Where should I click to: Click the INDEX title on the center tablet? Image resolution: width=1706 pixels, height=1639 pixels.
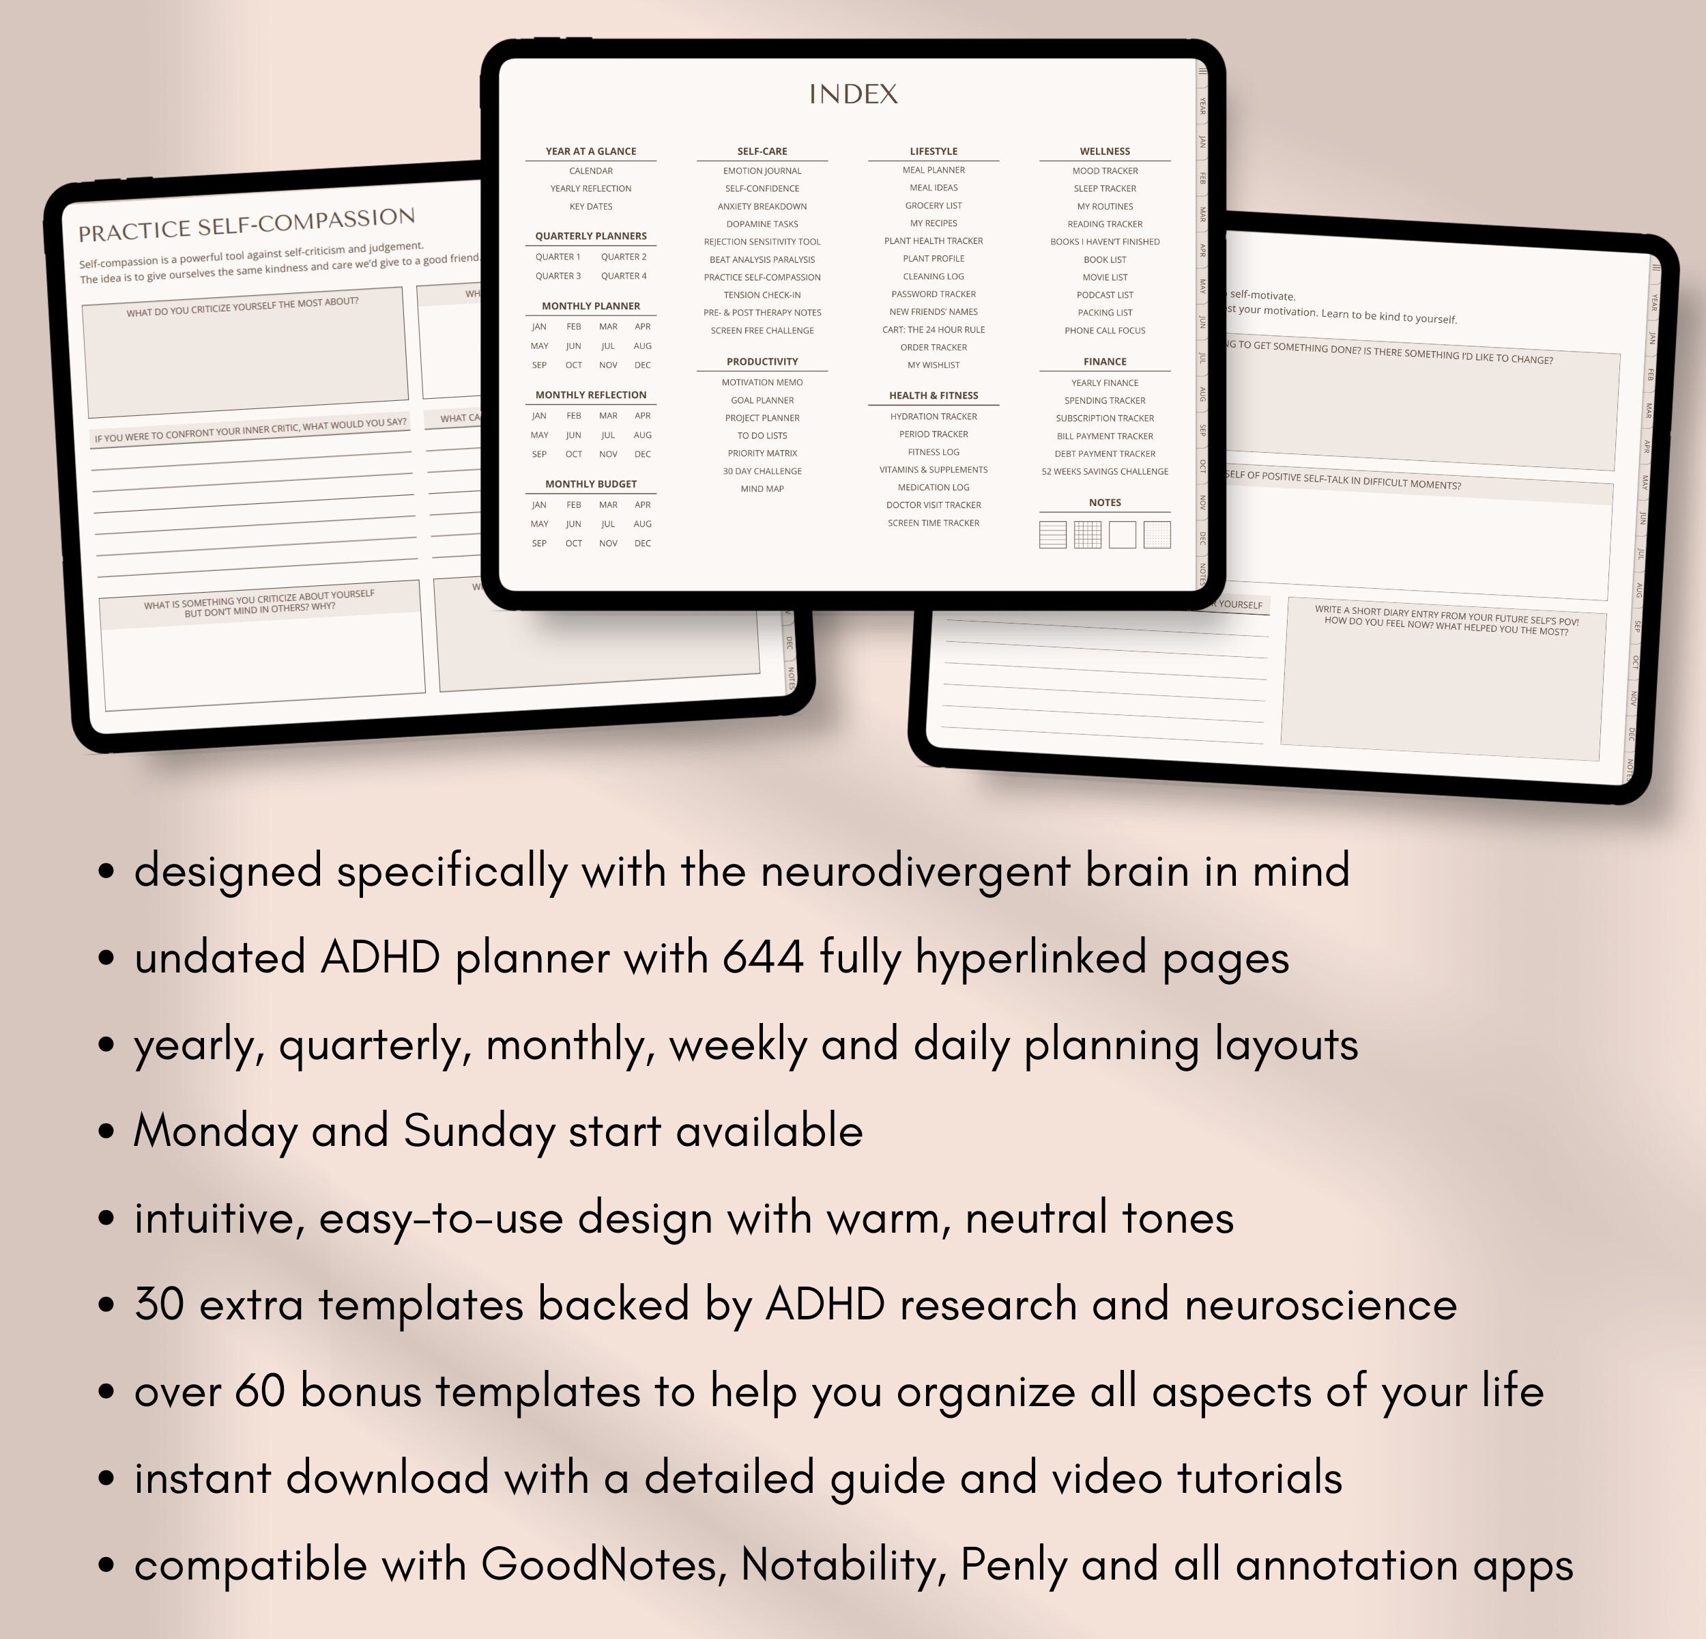click(x=853, y=94)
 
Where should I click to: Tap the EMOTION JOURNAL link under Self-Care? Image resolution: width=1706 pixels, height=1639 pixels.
click(x=762, y=171)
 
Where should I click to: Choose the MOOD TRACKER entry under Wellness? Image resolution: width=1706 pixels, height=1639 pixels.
click(x=1105, y=171)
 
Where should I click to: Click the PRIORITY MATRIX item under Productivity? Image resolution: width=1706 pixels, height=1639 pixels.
click(x=762, y=453)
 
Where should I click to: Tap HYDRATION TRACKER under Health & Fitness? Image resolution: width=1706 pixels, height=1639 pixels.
click(x=933, y=417)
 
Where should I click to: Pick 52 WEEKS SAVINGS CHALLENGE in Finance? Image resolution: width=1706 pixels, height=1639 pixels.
click(x=1105, y=471)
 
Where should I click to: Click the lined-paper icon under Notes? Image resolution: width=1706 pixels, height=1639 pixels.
click(x=1052, y=535)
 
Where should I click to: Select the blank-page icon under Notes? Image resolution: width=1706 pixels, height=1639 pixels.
click(x=1122, y=535)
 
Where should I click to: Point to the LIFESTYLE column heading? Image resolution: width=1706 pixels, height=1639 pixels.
click(x=933, y=152)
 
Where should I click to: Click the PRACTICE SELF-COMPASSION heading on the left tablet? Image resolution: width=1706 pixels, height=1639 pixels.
click(x=246, y=225)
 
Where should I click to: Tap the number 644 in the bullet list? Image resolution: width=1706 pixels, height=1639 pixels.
click(x=762, y=958)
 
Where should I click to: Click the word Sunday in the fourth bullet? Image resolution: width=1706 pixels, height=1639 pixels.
click(x=479, y=1132)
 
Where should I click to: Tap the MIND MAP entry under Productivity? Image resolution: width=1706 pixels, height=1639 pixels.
click(x=762, y=488)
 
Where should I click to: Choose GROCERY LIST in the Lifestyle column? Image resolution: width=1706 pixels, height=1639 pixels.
click(x=933, y=206)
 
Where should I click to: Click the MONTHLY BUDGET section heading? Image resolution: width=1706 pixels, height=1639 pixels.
click(x=590, y=484)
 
